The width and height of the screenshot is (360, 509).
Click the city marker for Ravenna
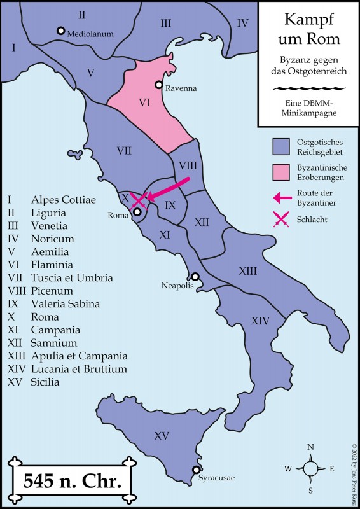[159, 85]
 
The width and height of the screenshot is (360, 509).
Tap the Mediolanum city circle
[60, 31]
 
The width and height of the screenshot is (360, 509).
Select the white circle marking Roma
[137, 212]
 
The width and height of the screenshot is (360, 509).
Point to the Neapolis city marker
[195, 277]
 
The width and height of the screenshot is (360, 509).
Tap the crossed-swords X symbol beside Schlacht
[280, 220]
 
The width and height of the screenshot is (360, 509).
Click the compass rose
[310, 469]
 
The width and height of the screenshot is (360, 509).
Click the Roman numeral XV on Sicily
[162, 436]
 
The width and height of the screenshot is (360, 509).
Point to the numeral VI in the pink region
[144, 101]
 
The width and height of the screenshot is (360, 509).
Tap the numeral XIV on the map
[260, 321]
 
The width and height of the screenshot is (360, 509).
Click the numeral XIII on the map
[247, 271]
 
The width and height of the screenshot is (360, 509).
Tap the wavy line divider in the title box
[308, 88]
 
